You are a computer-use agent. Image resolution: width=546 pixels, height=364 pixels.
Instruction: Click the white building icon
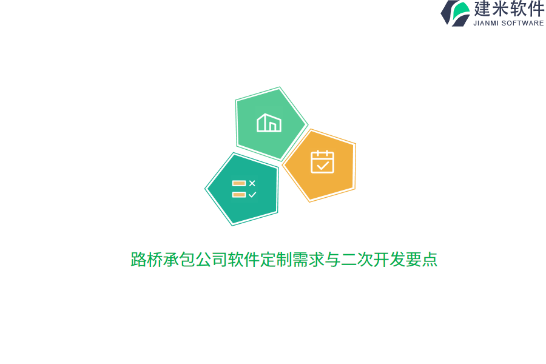pyautogui.click(x=269, y=123)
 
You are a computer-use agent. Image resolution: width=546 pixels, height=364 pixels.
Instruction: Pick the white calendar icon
pyautogui.click(x=322, y=162)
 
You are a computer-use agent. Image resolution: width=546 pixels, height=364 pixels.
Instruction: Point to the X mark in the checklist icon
pyautogui.click(x=252, y=183)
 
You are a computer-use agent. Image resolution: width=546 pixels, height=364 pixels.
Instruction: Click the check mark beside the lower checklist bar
pyautogui.click(x=252, y=195)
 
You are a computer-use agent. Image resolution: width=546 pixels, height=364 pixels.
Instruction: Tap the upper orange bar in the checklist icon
pyautogui.click(x=238, y=183)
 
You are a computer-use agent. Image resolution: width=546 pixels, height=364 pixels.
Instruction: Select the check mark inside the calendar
pyautogui.click(x=323, y=165)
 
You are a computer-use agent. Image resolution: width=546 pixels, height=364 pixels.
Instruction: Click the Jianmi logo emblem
pyautogui.click(x=455, y=13)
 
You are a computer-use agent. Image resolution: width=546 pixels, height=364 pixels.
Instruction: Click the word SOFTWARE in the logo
pyautogui.click(x=523, y=23)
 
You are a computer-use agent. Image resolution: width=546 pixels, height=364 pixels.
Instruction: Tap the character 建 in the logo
pyautogui.click(x=483, y=9)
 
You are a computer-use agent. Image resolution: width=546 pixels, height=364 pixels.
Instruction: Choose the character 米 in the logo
pyautogui.click(x=500, y=9)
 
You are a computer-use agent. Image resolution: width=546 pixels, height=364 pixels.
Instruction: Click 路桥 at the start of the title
pyautogui.click(x=147, y=260)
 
